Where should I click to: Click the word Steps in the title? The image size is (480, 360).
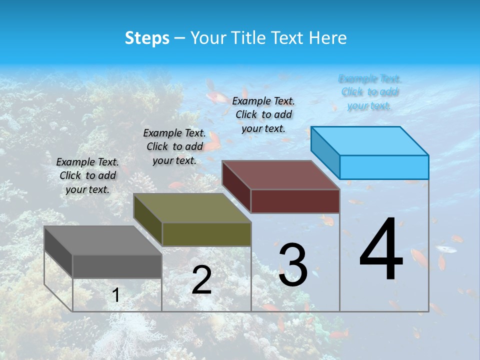point(147,38)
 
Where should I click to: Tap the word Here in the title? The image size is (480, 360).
point(328,38)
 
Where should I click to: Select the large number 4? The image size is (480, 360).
point(381,250)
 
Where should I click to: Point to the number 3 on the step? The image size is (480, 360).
point(293,265)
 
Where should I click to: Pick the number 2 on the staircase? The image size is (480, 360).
point(201,280)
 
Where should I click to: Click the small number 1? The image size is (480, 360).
point(115,295)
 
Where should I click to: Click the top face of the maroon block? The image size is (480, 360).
point(280,175)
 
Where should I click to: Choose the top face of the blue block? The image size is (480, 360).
point(369,140)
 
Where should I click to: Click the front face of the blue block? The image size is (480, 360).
point(384,167)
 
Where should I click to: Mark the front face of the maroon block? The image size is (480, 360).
point(295,201)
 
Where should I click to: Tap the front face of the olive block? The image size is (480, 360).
point(206,234)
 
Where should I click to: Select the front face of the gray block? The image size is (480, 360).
point(117,266)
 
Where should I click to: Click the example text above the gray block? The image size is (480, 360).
point(87,175)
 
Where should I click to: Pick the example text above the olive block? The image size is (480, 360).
point(174,146)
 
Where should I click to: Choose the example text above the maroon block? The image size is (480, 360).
point(263,114)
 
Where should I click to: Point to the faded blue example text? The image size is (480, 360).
point(369,92)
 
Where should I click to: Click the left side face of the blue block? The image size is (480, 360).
point(325,152)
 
